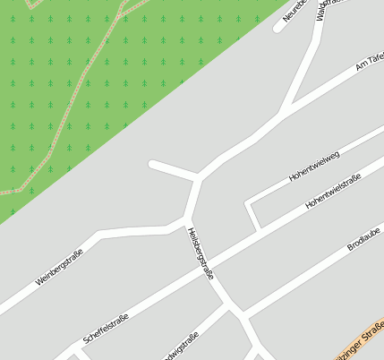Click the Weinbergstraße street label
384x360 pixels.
tap(59, 267)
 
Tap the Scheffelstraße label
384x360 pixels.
tap(106, 328)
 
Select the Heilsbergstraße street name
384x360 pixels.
tap(201, 253)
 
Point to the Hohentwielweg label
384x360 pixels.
tap(314, 167)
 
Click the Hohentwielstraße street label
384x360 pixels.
tap(332, 192)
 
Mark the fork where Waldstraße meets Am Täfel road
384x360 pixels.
tap(285, 112)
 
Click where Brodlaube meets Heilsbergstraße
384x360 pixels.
tap(241, 315)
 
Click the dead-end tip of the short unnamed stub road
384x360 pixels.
tap(152, 164)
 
